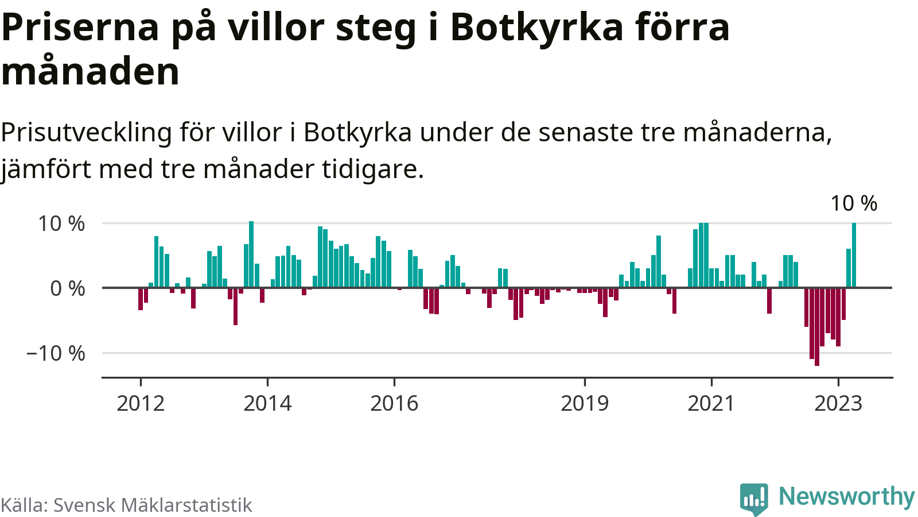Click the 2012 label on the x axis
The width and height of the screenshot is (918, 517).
tap(141, 403)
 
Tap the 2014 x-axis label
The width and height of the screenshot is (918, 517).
tap(267, 403)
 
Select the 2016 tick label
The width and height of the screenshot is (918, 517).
tap(394, 403)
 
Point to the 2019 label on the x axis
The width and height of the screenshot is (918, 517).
tap(585, 403)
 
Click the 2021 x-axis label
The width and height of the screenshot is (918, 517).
tap(711, 403)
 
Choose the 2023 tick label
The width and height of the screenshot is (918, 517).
tap(838, 403)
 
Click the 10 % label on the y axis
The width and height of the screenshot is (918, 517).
tap(61, 223)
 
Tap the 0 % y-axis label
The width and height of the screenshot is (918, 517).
tap(68, 288)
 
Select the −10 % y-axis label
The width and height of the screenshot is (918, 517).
tap(56, 353)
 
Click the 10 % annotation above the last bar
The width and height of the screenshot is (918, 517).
tap(854, 203)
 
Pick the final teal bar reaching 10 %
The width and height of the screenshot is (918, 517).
tap(854, 255)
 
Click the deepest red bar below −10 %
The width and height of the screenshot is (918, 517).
tap(817, 326)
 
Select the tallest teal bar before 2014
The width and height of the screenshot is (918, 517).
tap(251, 254)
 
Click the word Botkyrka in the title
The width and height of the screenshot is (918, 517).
tap(536, 27)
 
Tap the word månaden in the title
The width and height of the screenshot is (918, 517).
tap(91, 72)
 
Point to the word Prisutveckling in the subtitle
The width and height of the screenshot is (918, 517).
tap(86, 133)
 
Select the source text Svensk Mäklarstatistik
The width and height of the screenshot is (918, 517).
tap(153, 505)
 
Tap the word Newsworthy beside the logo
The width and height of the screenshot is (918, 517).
tap(846, 496)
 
